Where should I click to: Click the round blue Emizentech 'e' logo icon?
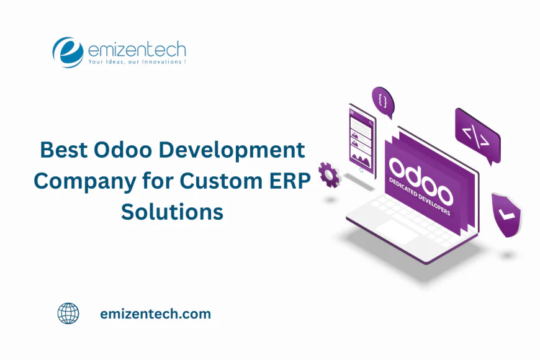tap(68, 52)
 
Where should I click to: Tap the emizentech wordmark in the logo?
tap(137, 50)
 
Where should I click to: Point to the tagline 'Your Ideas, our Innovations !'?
tap(137, 62)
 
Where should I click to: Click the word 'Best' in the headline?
tap(64, 150)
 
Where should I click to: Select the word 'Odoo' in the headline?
tap(123, 150)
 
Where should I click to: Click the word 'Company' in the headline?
tap(84, 182)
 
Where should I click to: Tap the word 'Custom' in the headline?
tap(221, 181)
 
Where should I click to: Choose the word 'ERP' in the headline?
tap(290, 181)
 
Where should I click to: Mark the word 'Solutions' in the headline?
tap(172, 212)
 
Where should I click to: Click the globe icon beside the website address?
tap(68, 313)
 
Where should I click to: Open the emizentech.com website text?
tap(156, 314)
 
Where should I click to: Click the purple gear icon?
tap(330, 175)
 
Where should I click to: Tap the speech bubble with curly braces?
tap(383, 102)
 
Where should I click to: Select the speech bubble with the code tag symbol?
tap(478, 136)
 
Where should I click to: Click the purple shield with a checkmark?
tap(506, 215)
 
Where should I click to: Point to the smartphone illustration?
tap(362, 142)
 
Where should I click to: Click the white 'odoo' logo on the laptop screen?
tap(421, 181)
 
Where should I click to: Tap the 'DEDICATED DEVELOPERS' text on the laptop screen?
tap(420, 196)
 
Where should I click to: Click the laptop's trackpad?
tap(397, 231)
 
